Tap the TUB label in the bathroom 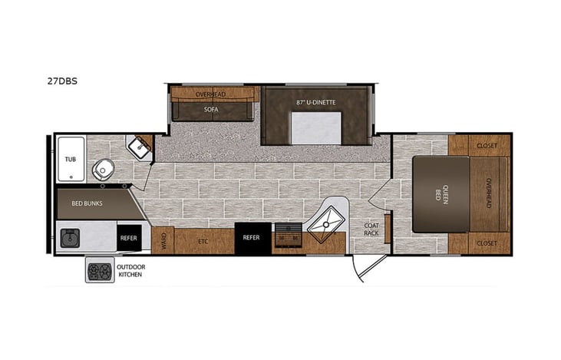[70, 159]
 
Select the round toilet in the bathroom [104, 170]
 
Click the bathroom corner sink [139, 147]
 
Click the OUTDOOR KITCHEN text [130, 270]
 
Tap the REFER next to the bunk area [128, 238]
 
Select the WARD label [162, 241]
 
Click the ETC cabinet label [203, 241]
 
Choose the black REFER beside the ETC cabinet [252, 238]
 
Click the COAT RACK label [372, 229]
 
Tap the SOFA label [210, 110]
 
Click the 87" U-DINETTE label [316, 102]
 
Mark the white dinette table [316, 127]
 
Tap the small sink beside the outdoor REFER [71, 237]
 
